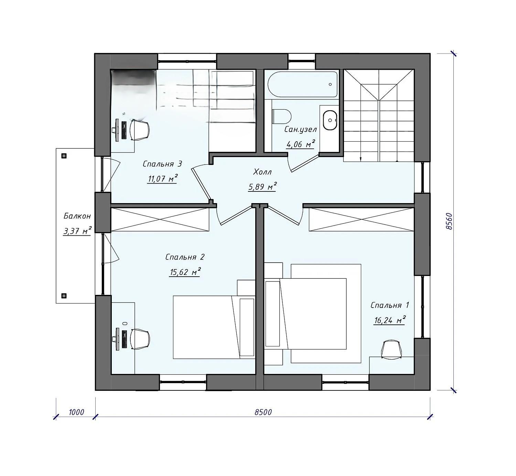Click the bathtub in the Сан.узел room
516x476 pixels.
303,85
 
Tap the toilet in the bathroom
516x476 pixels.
281,117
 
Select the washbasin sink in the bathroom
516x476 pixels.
330,120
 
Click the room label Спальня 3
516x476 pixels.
162,164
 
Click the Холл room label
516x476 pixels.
262,172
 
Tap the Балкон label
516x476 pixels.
77,216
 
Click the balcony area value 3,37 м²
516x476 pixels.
77,231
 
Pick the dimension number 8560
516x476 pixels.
449,222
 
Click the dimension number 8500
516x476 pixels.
263,412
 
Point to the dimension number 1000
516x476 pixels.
76,412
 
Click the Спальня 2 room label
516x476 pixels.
185,257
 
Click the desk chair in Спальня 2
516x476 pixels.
140,339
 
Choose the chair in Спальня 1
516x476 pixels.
391,350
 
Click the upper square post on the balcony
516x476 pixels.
64,156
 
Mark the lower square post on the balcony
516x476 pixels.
64,296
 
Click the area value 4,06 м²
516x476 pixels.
301,144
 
